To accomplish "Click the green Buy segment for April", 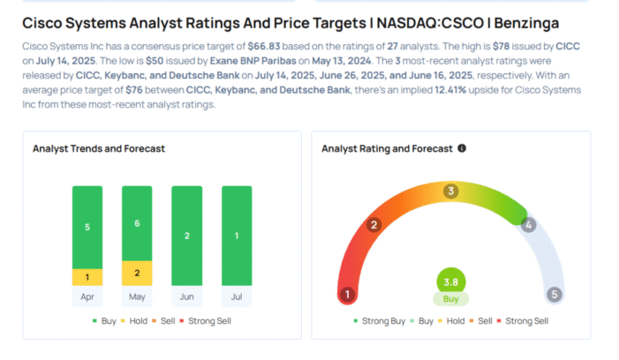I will [87, 226].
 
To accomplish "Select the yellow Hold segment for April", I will [87, 277].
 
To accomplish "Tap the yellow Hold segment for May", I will [137, 273].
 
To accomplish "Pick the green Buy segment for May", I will [137, 222].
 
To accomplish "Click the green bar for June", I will [186, 236].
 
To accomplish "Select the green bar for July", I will [236, 236].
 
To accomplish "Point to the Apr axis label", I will [87, 298].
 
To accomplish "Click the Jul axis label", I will [236, 298].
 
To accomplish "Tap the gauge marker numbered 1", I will [348, 295].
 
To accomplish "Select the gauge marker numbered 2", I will [374, 224].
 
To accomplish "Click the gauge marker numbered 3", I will [450, 191].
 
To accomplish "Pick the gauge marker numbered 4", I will [528, 224].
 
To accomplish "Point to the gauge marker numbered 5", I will [555, 295].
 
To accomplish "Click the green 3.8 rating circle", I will [451, 282].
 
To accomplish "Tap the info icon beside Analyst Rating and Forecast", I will [462, 148].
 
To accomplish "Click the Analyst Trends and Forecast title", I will [99, 149].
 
